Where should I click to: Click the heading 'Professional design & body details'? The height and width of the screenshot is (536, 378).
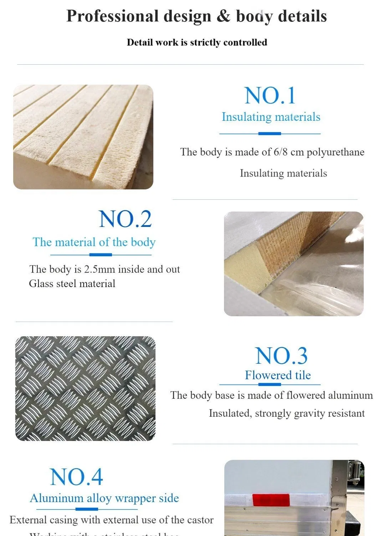coord(196,16)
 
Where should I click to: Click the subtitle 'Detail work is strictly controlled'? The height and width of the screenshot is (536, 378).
coord(197,43)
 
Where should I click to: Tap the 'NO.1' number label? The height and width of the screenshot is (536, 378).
coord(270,96)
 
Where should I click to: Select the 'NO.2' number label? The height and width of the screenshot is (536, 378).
coord(125,219)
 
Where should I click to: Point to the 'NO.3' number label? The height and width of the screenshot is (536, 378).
coord(281,356)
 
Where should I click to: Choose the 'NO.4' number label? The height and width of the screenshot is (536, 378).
coord(76,477)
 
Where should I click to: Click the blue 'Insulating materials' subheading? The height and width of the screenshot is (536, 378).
coord(271,117)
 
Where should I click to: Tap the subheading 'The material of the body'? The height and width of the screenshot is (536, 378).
coord(94,242)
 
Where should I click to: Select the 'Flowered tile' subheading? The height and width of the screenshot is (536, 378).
coord(277,375)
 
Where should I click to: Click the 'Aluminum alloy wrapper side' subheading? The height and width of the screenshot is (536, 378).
coord(104,498)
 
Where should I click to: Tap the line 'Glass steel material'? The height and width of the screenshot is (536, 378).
coord(72,284)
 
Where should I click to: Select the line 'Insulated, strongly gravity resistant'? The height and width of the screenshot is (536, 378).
coord(286,413)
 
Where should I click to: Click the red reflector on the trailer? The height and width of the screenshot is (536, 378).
coord(271,500)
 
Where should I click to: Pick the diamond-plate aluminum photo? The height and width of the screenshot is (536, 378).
coord(86,388)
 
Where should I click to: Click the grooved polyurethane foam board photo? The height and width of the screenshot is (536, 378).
coord(83,137)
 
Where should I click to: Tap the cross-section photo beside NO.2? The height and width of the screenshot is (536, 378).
coord(293,264)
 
